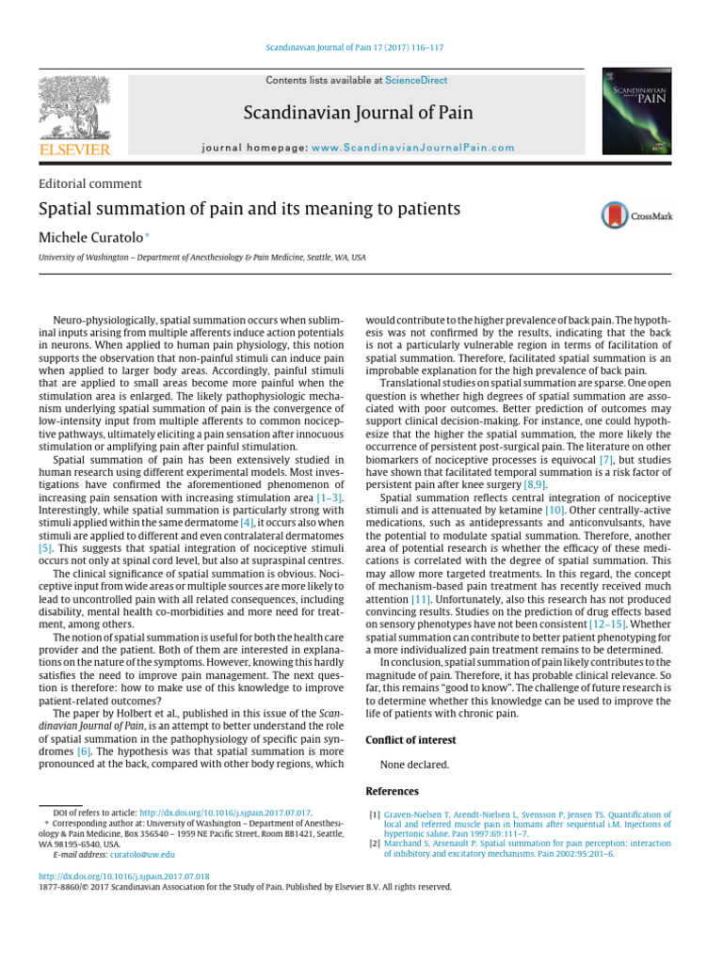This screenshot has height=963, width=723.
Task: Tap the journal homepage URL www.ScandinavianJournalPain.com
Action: click(413, 148)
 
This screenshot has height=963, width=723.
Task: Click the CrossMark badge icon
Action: click(635, 215)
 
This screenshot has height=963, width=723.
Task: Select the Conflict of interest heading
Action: click(411, 740)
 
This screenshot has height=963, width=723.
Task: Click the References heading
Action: click(392, 792)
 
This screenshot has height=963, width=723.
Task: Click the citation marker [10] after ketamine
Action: click(554, 508)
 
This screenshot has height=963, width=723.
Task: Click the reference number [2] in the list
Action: click(375, 844)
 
